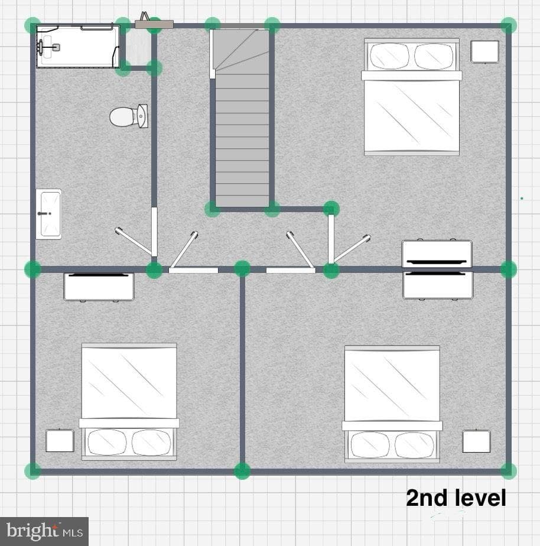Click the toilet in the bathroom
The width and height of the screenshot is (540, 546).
(128, 116)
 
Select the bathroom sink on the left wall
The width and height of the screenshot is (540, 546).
(49, 214)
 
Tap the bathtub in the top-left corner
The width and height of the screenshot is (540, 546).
(78, 46)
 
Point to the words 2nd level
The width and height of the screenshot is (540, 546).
(456, 498)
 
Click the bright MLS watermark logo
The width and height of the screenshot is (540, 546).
(44, 531)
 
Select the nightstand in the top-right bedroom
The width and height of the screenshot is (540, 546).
(484, 52)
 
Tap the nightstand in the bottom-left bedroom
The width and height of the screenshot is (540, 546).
(60, 440)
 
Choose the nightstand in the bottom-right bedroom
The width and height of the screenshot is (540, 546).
(476, 441)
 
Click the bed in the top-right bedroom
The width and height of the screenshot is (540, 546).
(412, 97)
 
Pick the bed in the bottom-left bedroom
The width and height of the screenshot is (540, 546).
(129, 402)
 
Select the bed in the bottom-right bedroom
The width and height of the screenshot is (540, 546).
(392, 404)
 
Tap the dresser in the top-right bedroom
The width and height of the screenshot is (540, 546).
(437, 253)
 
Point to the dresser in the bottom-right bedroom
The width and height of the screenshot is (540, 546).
(438, 285)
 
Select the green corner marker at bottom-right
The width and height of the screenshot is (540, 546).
(509, 471)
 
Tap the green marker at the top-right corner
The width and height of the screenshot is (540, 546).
(509, 25)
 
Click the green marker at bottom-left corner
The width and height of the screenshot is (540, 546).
(32, 471)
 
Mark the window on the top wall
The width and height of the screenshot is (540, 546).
(154, 24)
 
